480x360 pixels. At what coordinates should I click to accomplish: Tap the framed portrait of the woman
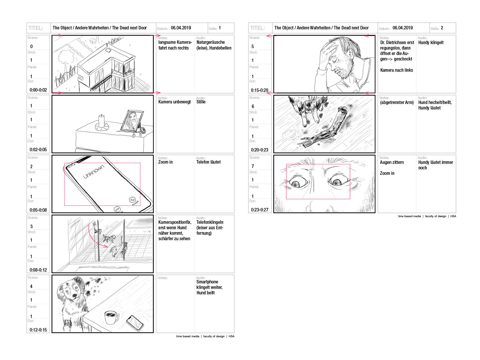click(132, 121)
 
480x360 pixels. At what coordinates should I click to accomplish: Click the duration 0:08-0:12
click(38, 270)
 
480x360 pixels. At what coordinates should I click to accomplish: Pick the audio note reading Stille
click(201, 102)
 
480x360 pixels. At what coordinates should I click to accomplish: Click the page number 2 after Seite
click(442, 28)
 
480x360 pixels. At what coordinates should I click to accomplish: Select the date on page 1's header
click(181, 28)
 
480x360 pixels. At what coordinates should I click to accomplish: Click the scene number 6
click(253, 106)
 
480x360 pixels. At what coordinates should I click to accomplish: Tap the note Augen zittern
click(392, 162)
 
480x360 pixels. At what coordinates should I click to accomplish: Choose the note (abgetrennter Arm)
click(397, 102)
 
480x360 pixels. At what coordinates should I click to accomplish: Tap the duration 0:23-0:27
click(259, 210)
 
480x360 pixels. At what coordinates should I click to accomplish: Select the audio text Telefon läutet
click(208, 162)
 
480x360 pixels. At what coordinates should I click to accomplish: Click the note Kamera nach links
click(396, 70)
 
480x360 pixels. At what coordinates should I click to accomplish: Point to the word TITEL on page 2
click(257, 28)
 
